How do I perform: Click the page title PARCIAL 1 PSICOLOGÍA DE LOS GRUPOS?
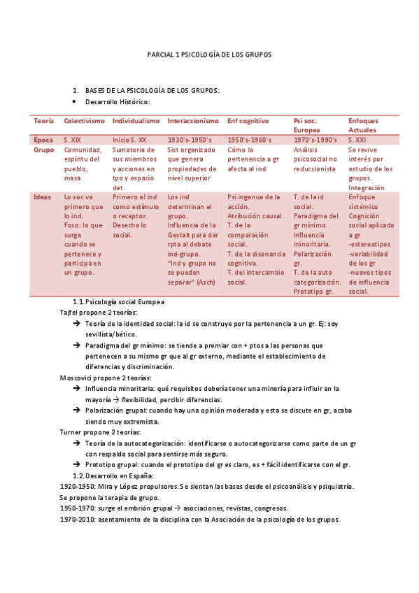tap(209, 54)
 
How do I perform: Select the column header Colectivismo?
tap(84, 121)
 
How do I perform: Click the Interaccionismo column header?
tap(193, 121)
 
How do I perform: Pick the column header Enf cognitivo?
tap(248, 121)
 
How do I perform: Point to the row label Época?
tap(43, 141)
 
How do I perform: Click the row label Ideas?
tap(42, 197)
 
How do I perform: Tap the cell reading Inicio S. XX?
tap(129, 141)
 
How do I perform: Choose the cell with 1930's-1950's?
tap(189, 141)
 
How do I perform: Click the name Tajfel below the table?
tap(69, 313)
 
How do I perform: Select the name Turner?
tap(71, 432)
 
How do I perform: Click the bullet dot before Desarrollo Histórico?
tap(75, 101)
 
